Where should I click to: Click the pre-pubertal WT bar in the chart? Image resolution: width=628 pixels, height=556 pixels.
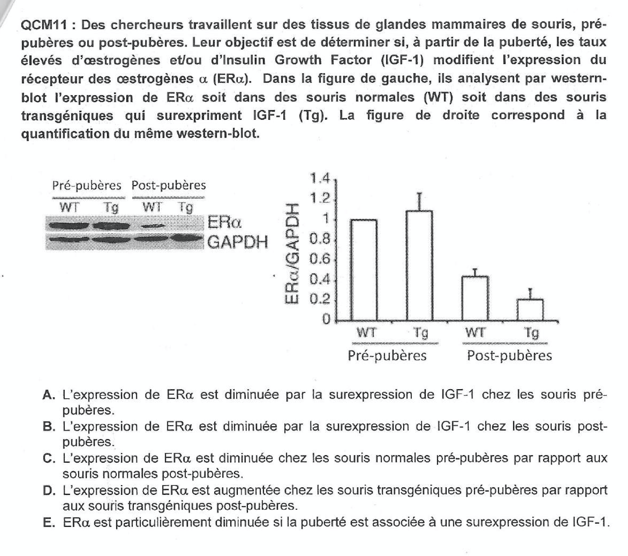click(x=364, y=270)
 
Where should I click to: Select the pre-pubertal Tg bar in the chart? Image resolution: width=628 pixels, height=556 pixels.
click(x=419, y=265)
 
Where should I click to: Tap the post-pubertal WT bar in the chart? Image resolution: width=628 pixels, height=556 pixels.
click(x=474, y=298)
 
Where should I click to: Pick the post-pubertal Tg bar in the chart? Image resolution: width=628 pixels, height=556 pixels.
click(x=530, y=310)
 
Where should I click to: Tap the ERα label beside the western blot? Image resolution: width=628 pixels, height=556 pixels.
click(x=225, y=222)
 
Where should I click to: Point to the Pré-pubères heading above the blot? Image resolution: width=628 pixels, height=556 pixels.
click(x=86, y=185)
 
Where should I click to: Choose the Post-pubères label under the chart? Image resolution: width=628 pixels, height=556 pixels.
click(x=509, y=356)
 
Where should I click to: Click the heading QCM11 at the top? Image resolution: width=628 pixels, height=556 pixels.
click(x=44, y=25)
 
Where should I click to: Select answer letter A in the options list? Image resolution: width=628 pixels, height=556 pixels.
click(x=48, y=395)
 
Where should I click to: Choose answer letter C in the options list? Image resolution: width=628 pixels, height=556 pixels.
click(x=48, y=458)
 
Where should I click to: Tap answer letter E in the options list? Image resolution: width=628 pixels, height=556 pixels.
click(x=48, y=522)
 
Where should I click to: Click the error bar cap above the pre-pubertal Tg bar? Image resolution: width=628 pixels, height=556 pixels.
click(x=419, y=193)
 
